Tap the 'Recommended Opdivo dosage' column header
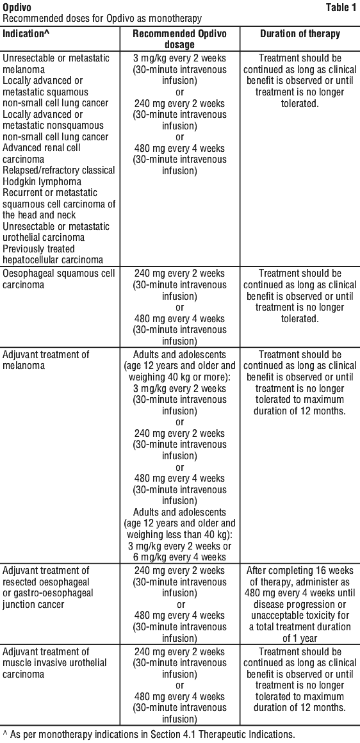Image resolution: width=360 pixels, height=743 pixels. [179, 39]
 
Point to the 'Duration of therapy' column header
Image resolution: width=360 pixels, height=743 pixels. [300, 34]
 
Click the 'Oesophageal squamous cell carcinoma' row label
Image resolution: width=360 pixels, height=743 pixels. [59, 279]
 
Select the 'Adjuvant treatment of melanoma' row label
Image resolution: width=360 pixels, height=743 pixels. [46, 360]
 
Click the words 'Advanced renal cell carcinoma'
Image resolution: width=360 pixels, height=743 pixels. [42, 154]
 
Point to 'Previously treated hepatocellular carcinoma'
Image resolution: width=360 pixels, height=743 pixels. [54, 254]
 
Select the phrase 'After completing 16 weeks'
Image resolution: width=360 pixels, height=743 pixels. [299, 571]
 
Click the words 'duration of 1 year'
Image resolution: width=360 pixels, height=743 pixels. [299, 638]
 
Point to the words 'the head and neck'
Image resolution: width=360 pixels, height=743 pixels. [39, 215]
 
